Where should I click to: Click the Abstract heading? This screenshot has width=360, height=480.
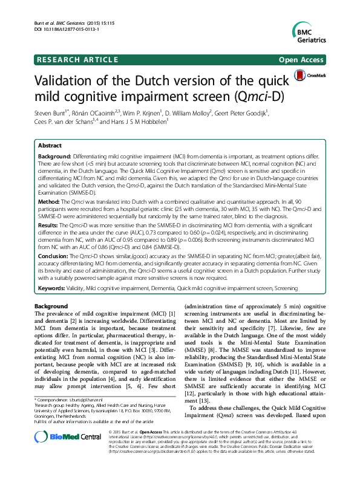(50, 146)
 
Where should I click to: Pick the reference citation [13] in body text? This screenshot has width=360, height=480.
(205, 400)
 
